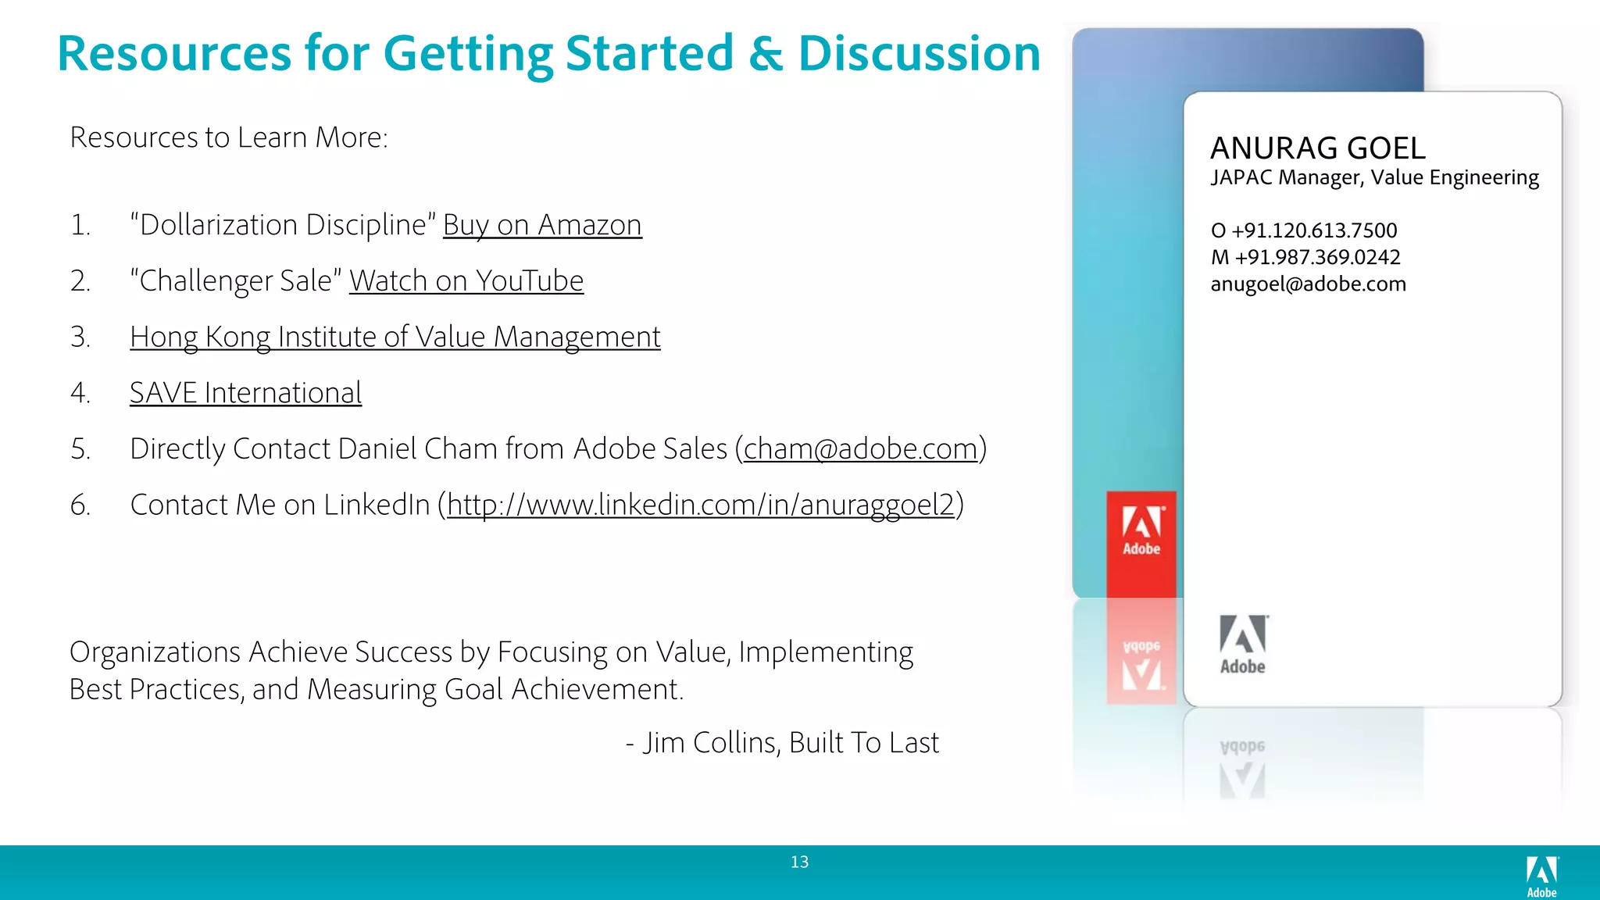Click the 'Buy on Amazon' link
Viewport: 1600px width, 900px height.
point(542,225)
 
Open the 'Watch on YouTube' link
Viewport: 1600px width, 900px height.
point(466,281)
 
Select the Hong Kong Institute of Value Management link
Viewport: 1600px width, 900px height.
point(395,337)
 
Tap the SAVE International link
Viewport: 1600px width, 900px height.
point(245,393)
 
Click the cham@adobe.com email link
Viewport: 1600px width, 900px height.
point(860,449)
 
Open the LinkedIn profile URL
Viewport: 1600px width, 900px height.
point(701,505)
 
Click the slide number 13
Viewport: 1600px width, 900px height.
point(799,862)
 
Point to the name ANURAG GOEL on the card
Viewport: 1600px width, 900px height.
point(1318,148)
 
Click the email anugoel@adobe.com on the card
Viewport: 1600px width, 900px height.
point(1308,284)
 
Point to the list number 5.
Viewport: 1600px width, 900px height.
point(80,449)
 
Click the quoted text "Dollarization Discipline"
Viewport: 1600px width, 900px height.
point(283,225)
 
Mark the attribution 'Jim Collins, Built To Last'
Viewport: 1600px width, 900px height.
point(790,743)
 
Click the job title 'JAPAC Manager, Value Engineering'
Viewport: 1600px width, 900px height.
point(1374,178)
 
